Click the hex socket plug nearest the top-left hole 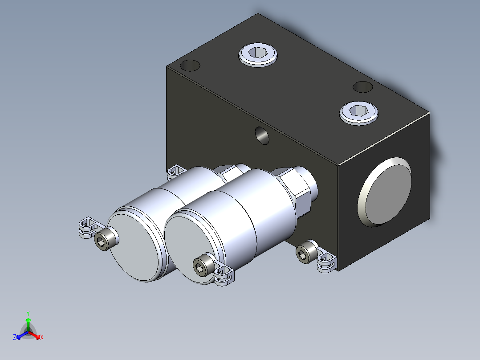258,54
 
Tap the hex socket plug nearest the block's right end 358,113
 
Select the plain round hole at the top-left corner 190,65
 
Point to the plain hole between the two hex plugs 363,87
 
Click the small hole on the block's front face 262,135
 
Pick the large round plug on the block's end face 385,192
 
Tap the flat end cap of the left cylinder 134,247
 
